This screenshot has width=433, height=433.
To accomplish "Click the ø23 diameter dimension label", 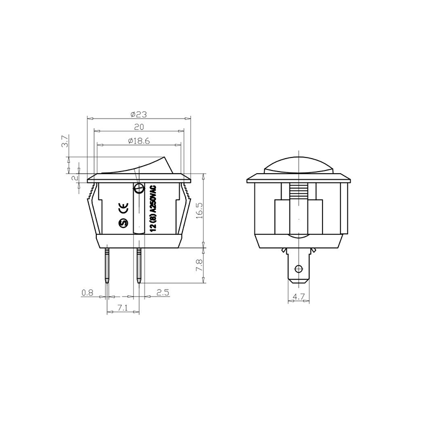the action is point(139,114).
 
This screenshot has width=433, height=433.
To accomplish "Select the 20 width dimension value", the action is point(139,127).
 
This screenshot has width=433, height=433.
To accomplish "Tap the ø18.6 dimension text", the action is point(139,141).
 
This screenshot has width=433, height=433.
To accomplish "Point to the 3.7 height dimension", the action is point(65,141).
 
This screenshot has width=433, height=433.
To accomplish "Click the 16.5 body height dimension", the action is point(200,211).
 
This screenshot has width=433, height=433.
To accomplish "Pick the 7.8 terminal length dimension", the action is point(200,265).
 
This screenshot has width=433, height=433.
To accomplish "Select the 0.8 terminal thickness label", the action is point(87,292).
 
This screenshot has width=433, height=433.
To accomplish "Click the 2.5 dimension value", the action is point(163,292).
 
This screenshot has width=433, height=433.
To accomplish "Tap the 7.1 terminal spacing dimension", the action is point(122,309).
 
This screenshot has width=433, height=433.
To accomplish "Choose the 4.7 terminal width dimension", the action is point(299,297).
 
